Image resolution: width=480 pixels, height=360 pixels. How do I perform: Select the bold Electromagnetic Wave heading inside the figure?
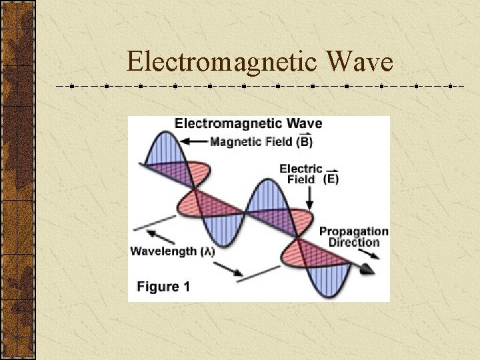[x=248, y=123]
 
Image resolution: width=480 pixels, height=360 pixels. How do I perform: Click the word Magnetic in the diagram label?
[x=231, y=141]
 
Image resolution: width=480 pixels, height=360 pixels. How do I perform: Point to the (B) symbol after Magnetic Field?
[x=305, y=141]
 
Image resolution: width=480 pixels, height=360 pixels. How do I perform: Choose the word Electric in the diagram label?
[x=301, y=169]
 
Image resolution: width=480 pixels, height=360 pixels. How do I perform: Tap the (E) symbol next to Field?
[x=331, y=179]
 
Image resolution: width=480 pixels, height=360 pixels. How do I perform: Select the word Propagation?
[x=353, y=231]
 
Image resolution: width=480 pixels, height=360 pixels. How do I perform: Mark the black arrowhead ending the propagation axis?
[x=367, y=268]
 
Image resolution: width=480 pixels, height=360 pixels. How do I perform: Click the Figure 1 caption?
[x=163, y=287]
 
